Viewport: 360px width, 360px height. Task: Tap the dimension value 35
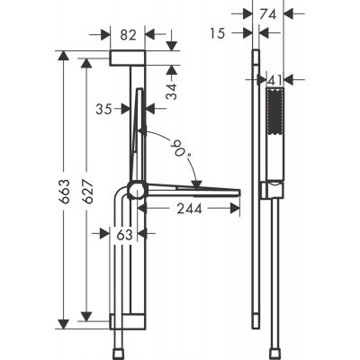tap(104, 108)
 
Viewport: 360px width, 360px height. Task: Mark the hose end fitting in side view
tap(269, 346)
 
